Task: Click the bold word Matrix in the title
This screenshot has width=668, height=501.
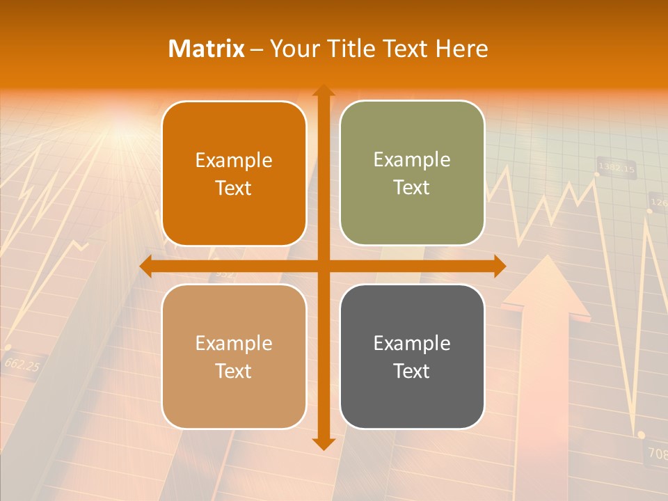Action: point(207,49)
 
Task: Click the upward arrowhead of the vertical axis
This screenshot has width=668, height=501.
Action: point(323,90)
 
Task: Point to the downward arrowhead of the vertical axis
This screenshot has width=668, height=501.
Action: point(323,443)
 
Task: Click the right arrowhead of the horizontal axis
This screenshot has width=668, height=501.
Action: point(500,267)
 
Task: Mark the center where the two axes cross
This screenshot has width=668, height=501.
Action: point(323,267)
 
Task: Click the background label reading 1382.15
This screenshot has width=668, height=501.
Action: point(617,168)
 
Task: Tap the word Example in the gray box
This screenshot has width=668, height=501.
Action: point(412,343)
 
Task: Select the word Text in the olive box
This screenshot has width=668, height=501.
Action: point(412,188)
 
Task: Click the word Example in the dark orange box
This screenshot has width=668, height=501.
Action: point(234,160)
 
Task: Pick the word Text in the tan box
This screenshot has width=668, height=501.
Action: point(234,371)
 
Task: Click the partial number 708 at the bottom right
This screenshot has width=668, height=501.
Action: point(657,454)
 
